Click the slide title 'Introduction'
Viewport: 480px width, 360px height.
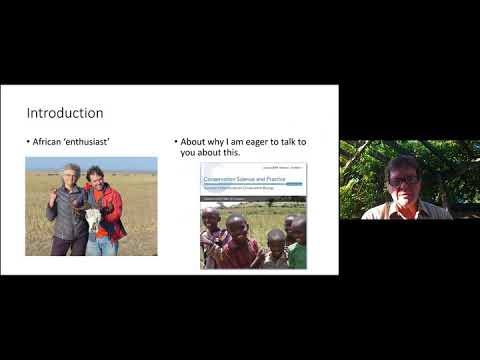[64, 113]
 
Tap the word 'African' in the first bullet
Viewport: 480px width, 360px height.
[49, 142]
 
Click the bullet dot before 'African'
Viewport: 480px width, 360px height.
[28, 142]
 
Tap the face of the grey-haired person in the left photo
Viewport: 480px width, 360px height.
[71, 177]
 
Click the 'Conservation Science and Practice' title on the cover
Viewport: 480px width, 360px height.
[246, 180]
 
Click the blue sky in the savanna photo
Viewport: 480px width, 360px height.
[90, 162]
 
